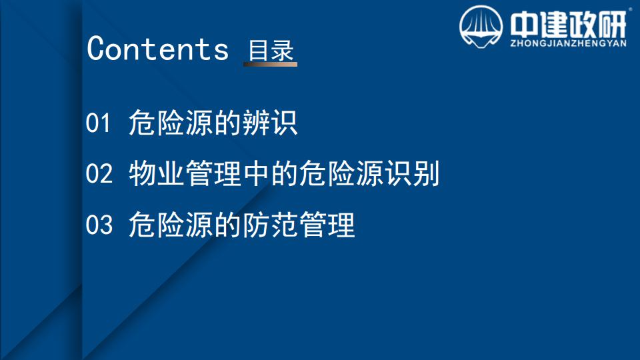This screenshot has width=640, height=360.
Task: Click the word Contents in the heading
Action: pyautogui.click(x=157, y=49)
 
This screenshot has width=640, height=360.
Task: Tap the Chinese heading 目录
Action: pyautogui.click(x=271, y=50)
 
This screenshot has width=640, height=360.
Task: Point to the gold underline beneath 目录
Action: pyautogui.click(x=270, y=64)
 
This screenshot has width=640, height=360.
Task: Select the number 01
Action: pyautogui.click(x=98, y=123)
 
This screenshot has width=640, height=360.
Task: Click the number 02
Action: pyautogui.click(x=99, y=173)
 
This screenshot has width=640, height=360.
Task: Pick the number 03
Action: pyautogui.click(x=99, y=225)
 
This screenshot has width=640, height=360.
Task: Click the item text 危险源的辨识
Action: pyautogui.click(x=213, y=123)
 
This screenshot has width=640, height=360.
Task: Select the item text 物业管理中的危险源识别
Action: pyautogui.click(x=284, y=173)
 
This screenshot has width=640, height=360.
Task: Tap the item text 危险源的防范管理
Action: pyautogui.click(x=241, y=225)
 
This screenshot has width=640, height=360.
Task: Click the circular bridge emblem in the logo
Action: pyautogui.click(x=481, y=27)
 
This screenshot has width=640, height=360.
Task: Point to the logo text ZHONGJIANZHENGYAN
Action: pyautogui.click(x=568, y=43)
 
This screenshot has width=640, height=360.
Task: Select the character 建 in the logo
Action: pyautogui.click(x=552, y=24)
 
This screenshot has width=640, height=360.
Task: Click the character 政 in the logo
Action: pyautogui.click(x=581, y=24)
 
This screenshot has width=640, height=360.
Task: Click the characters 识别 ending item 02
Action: pyautogui.click(x=412, y=173)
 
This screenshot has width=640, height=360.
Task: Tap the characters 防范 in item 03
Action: pyautogui.click(x=270, y=225)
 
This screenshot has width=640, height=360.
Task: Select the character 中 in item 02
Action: pyautogui.click(x=255, y=173)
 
